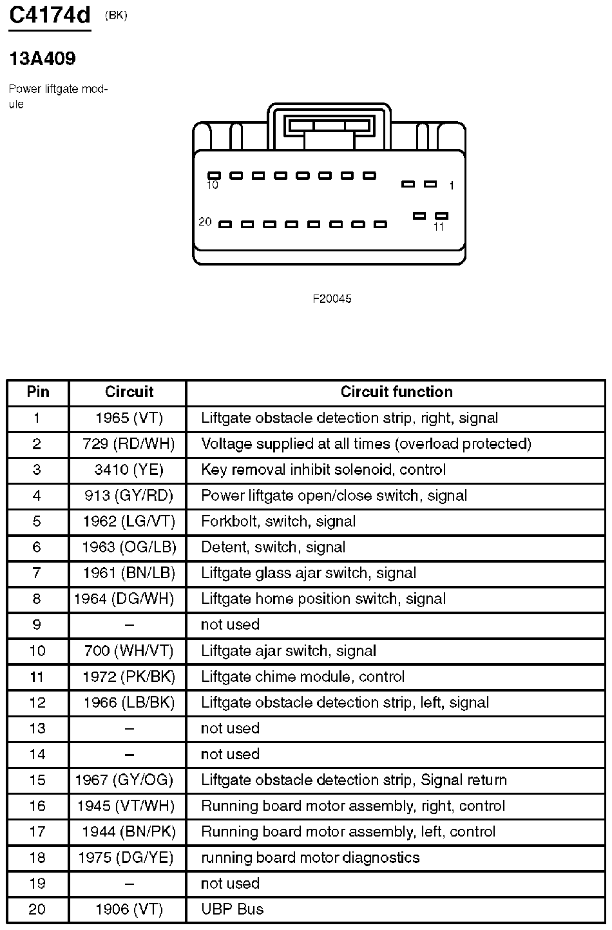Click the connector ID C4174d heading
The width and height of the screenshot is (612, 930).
click(50, 15)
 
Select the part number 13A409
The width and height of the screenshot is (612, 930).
click(43, 59)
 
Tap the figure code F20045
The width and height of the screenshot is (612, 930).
click(332, 299)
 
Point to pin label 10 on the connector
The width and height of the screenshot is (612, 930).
click(213, 186)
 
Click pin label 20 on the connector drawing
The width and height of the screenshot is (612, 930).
click(205, 222)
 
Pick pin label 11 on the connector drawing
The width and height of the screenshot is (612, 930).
click(439, 227)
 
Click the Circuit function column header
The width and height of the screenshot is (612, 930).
click(396, 392)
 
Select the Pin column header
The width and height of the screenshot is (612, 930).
click(38, 392)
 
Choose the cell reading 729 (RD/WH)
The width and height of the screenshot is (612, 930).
click(129, 444)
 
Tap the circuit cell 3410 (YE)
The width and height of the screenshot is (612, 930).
click(129, 470)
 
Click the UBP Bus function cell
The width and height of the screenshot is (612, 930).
click(232, 909)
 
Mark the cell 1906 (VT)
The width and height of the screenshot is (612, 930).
click(129, 909)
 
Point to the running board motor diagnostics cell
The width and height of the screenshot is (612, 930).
click(310, 858)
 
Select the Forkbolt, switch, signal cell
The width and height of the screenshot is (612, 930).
click(278, 521)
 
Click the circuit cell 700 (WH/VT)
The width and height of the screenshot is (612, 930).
click(129, 651)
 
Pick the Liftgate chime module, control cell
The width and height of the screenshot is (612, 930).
click(303, 677)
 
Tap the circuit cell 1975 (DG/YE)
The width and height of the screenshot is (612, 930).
click(129, 858)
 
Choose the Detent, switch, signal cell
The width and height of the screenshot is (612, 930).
click(273, 547)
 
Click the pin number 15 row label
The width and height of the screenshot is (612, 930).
click(37, 780)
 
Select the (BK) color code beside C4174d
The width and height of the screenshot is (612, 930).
click(116, 16)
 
